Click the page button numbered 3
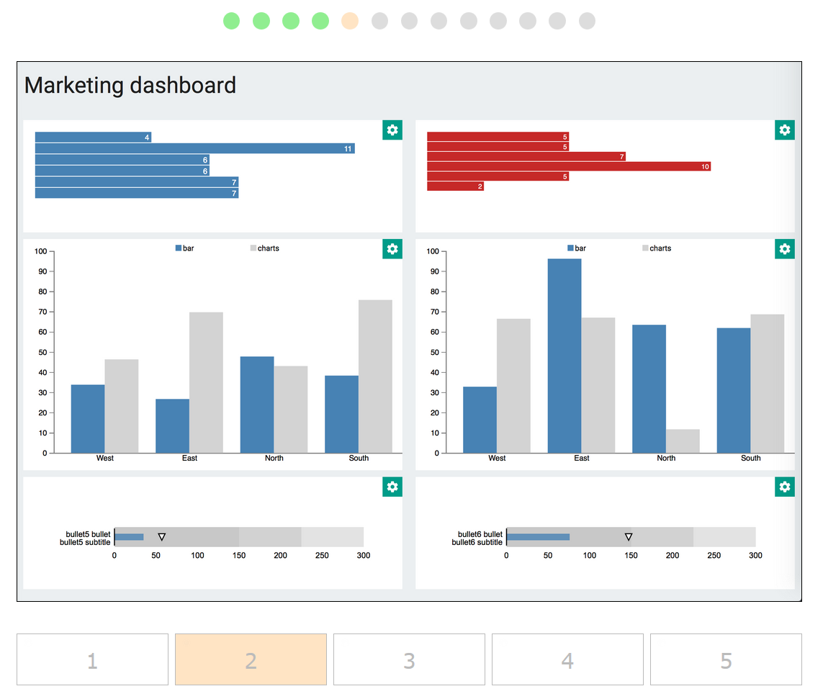pyautogui.click(x=409, y=659)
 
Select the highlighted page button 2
pyautogui.click(x=251, y=659)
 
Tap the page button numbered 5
pyautogui.click(x=726, y=659)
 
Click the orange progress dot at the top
pyautogui.click(x=350, y=21)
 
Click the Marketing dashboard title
pyautogui.click(x=130, y=86)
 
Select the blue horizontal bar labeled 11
pyautogui.click(x=194, y=148)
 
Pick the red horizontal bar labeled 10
pyautogui.click(x=569, y=166)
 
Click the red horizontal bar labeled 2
pyautogui.click(x=455, y=186)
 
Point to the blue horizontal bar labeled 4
pyautogui.click(x=93, y=137)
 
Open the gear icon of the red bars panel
pyautogui.click(x=785, y=130)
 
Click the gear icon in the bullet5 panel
pyautogui.click(x=392, y=487)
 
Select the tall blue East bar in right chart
pyautogui.click(x=565, y=356)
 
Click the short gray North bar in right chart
pyautogui.click(x=683, y=441)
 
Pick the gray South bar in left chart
pyautogui.click(x=375, y=376)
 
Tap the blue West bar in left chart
pyautogui.click(x=88, y=419)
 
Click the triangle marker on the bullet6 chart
pyautogui.click(x=629, y=537)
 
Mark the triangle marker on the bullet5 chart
pyautogui.click(x=162, y=537)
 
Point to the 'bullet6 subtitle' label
pyautogui.click(x=477, y=542)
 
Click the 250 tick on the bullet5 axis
pyautogui.click(x=322, y=556)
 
